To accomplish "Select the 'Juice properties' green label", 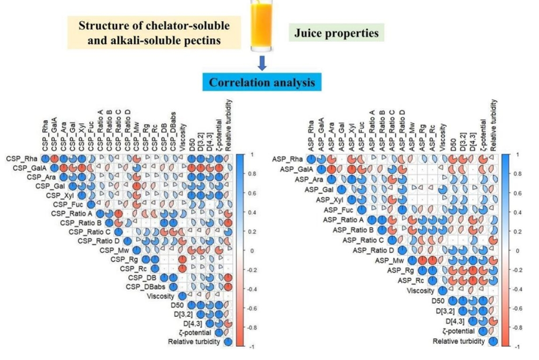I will (336, 33).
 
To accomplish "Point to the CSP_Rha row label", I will (22, 158).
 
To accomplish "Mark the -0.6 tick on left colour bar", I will (246, 309).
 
